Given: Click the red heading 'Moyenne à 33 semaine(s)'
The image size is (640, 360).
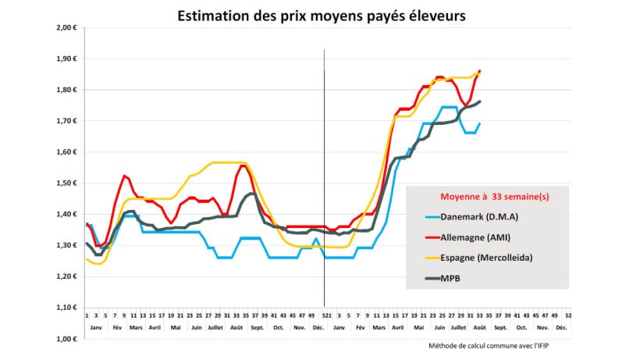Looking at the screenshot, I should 485,198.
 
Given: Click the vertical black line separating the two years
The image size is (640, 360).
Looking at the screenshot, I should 324,180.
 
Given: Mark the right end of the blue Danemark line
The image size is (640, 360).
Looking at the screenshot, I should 479,123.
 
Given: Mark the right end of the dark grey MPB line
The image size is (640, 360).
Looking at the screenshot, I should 480,102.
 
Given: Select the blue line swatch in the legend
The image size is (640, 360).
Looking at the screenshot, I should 431,216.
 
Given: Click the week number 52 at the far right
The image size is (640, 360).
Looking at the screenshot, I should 568,314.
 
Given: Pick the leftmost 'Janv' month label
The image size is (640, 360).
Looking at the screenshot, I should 96,329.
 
